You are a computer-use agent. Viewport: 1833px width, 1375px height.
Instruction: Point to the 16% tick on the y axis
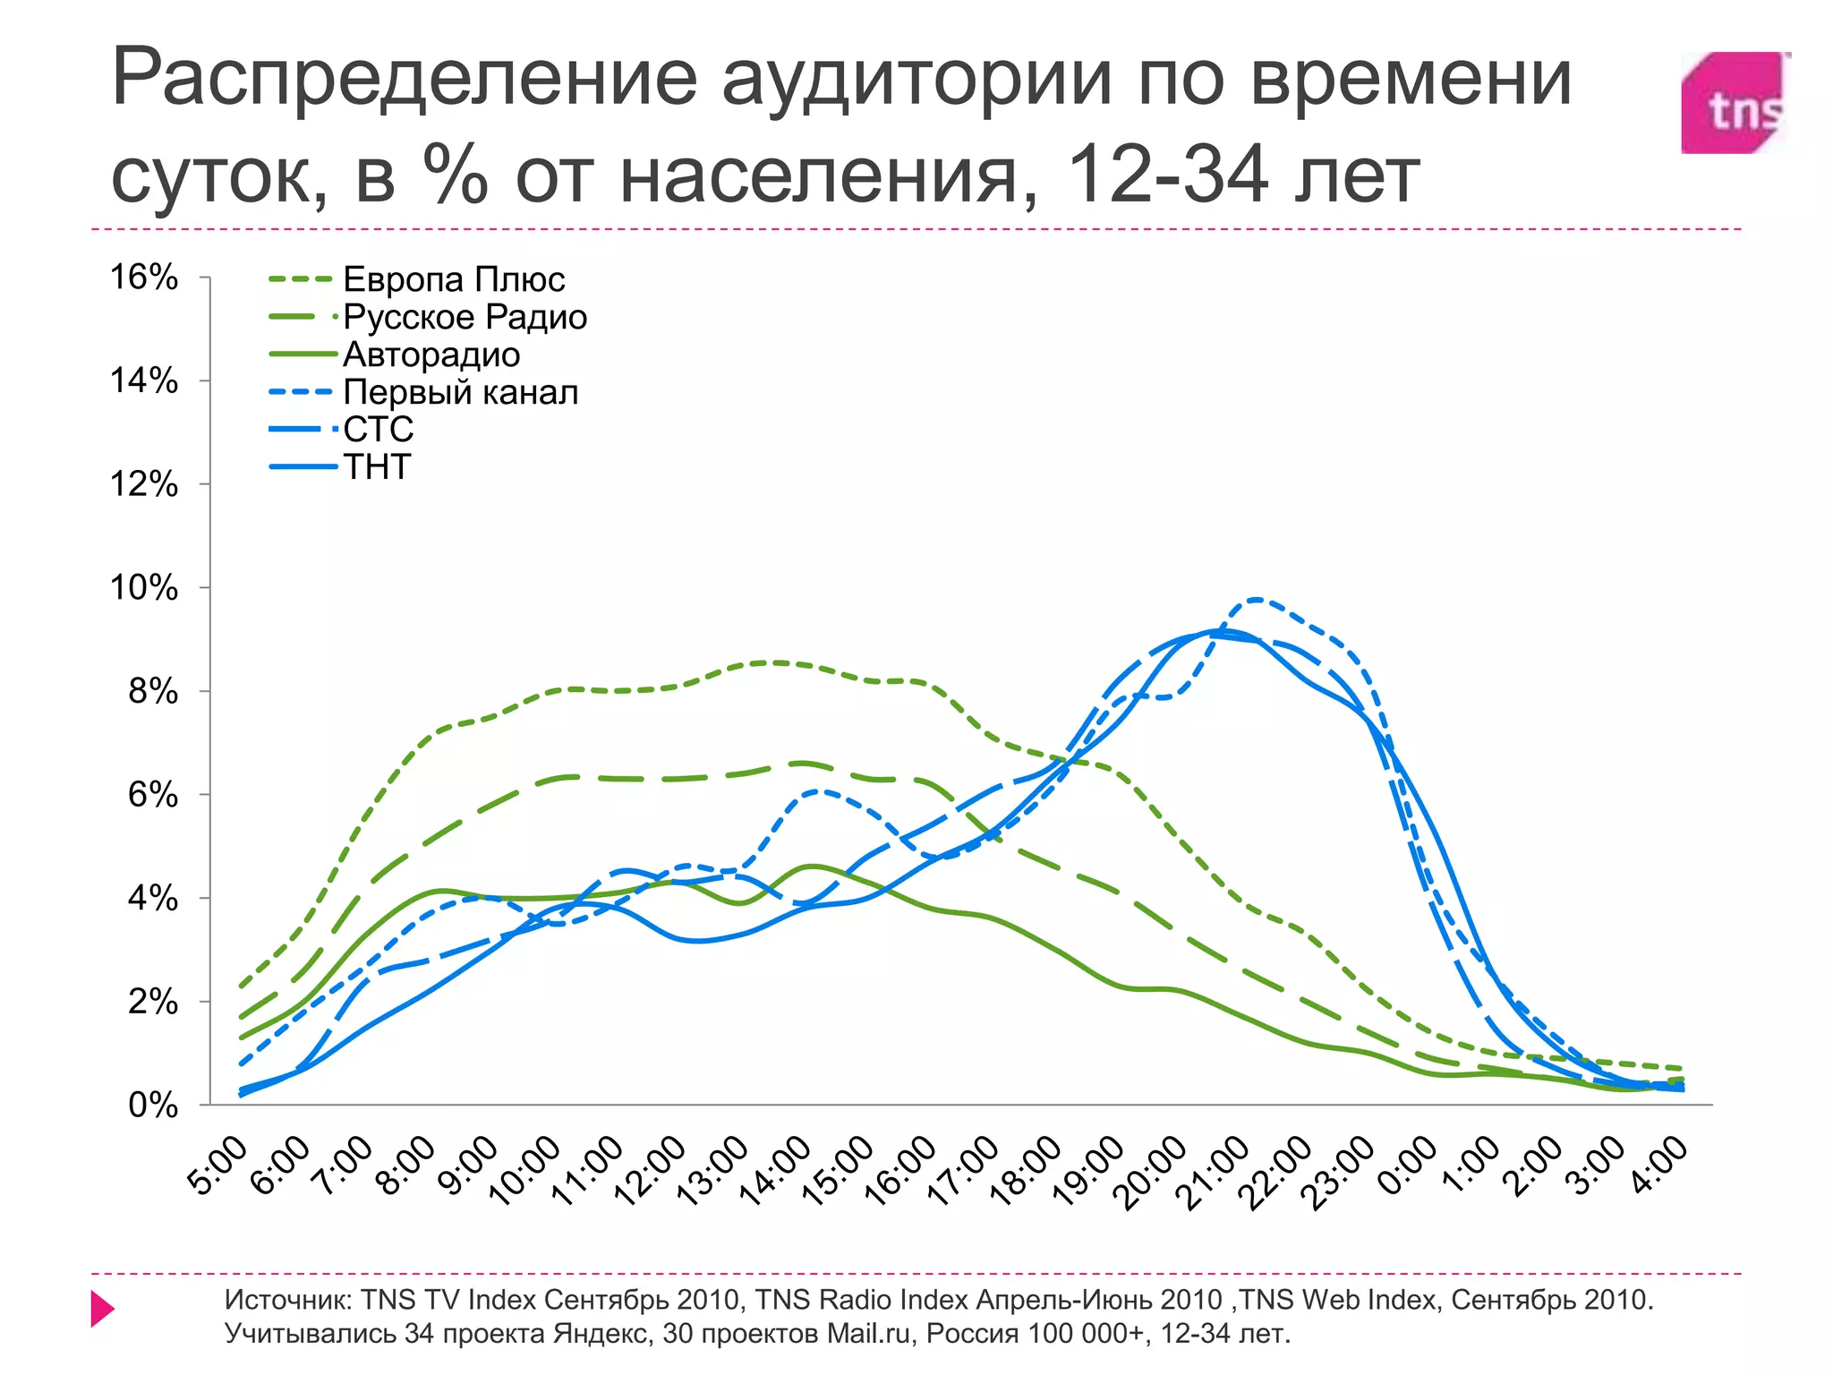[x=144, y=278]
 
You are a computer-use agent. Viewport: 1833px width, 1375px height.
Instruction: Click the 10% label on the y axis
[x=144, y=588]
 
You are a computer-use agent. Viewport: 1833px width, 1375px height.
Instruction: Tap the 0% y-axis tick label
[x=153, y=1106]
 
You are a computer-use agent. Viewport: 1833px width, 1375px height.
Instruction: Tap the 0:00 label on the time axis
[x=1406, y=1166]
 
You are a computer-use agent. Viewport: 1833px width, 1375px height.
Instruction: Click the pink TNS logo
[x=1734, y=103]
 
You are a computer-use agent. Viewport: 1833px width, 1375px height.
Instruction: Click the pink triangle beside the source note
[x=102, y=1309]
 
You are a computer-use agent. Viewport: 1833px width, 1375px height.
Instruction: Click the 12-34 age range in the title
[x=1167, y=175]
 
